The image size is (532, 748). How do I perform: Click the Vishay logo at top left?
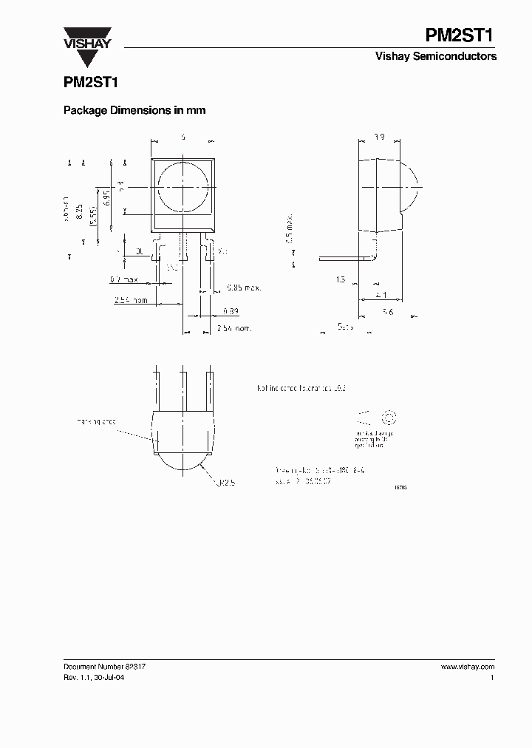click(x=86, y=37)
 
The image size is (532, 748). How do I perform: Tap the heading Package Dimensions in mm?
click(x=134, y=110)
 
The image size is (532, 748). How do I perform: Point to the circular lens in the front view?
click(x=183, y=186)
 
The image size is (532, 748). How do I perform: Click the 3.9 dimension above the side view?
click(x=378, y=137)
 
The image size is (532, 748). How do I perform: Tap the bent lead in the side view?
click(x=347, y=258)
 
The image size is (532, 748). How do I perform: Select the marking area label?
click(x=96, y=421)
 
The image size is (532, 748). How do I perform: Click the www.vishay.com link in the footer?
click(x=467, y=667)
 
